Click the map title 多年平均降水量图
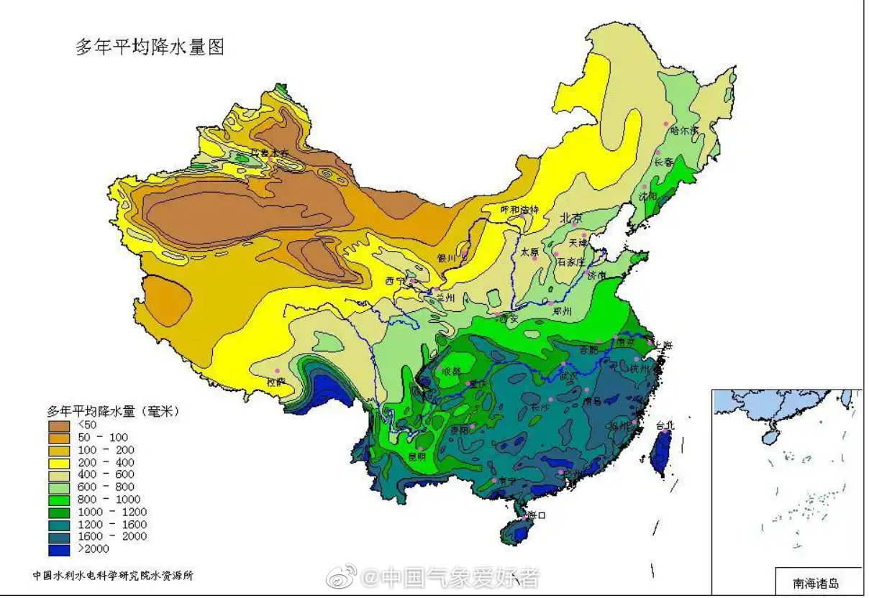click(x=150, y=47)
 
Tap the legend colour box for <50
click(x=60, y=425)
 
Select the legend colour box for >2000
click(x=60, y=549)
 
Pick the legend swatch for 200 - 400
click(x=60, y=462)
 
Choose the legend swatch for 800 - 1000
click(x=60, y=500)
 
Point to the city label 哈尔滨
click(x=684, y=131)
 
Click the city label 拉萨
click(x=276, y=382)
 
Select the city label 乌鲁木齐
click(x=269, y=152)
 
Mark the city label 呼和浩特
click(x=519, y=209)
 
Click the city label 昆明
click(x=417, y=456)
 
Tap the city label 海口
click(x=537, y=515)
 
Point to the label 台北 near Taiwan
click(x=665, y=425)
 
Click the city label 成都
click(x=451, y=372)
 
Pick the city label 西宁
click(x=395, y=280)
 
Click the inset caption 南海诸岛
click(x=816, y=583)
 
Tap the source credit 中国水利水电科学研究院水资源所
click(x=113, y=576)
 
